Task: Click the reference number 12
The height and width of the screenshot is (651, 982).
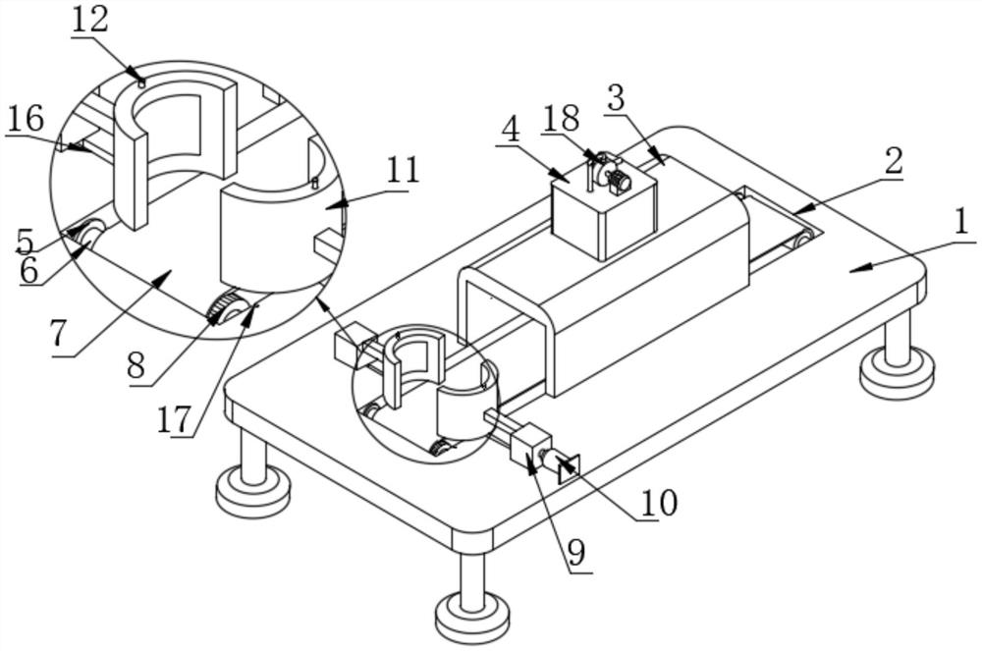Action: point(89,20)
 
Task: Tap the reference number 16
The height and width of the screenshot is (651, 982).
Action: point(26,118)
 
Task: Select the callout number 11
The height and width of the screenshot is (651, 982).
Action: point(402,170)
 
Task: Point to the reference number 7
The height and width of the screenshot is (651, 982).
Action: point(58,335)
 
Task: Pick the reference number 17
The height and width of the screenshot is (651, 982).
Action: point(174,419)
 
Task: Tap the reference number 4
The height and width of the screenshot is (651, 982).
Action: point(511,130)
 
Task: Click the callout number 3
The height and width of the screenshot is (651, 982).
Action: point(617,97)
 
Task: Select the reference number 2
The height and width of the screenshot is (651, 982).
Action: point(893,161)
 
